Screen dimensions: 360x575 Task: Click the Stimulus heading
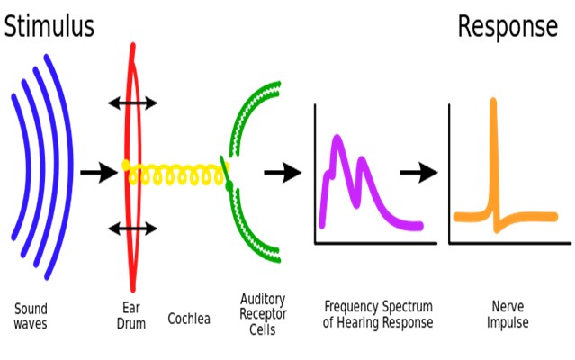pos(49,27)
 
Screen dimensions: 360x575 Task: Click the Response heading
pos(508,27)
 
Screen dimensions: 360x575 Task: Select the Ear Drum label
pos(131,315)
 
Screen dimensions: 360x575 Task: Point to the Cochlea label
pos(190,318)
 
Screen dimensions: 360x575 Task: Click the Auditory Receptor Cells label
pos(264,313)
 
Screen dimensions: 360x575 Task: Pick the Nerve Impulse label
pos(509,315)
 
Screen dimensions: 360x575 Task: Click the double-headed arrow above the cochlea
pos(133,103)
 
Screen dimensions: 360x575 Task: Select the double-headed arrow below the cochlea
pos(133,229)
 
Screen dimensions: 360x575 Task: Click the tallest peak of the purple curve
pos(337,139)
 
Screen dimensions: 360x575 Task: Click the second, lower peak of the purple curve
pos(363,162)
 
